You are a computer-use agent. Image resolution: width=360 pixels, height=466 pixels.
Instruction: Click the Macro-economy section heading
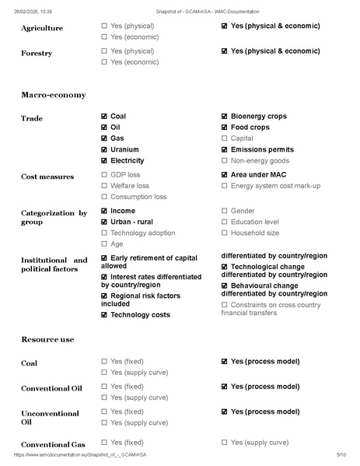53,95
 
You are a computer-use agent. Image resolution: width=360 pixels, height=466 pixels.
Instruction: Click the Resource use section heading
47,340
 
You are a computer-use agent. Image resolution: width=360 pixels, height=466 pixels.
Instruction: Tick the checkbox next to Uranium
105,149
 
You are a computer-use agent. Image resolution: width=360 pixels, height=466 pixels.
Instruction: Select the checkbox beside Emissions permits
225,149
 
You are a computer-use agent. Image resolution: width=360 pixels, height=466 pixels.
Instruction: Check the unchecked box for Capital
225,138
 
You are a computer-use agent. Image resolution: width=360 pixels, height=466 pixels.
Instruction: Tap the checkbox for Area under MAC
225,175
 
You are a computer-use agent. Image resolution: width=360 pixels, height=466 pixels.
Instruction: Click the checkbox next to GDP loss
105,175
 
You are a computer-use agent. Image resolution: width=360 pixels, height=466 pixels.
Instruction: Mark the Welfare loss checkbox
105,186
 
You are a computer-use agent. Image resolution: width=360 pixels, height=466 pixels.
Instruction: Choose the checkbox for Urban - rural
105,222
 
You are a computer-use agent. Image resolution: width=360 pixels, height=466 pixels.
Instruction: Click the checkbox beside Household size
225,233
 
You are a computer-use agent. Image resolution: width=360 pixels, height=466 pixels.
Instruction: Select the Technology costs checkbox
105,315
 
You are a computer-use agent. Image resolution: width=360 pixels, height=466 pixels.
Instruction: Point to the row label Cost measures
47,177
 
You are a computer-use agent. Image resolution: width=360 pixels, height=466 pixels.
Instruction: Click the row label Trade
32,119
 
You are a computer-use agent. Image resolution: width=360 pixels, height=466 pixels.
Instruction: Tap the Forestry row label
37,54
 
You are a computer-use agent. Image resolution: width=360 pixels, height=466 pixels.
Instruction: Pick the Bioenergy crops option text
258,117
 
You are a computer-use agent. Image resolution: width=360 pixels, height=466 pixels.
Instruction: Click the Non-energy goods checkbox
225,160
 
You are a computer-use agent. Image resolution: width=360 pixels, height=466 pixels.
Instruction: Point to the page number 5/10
341,454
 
